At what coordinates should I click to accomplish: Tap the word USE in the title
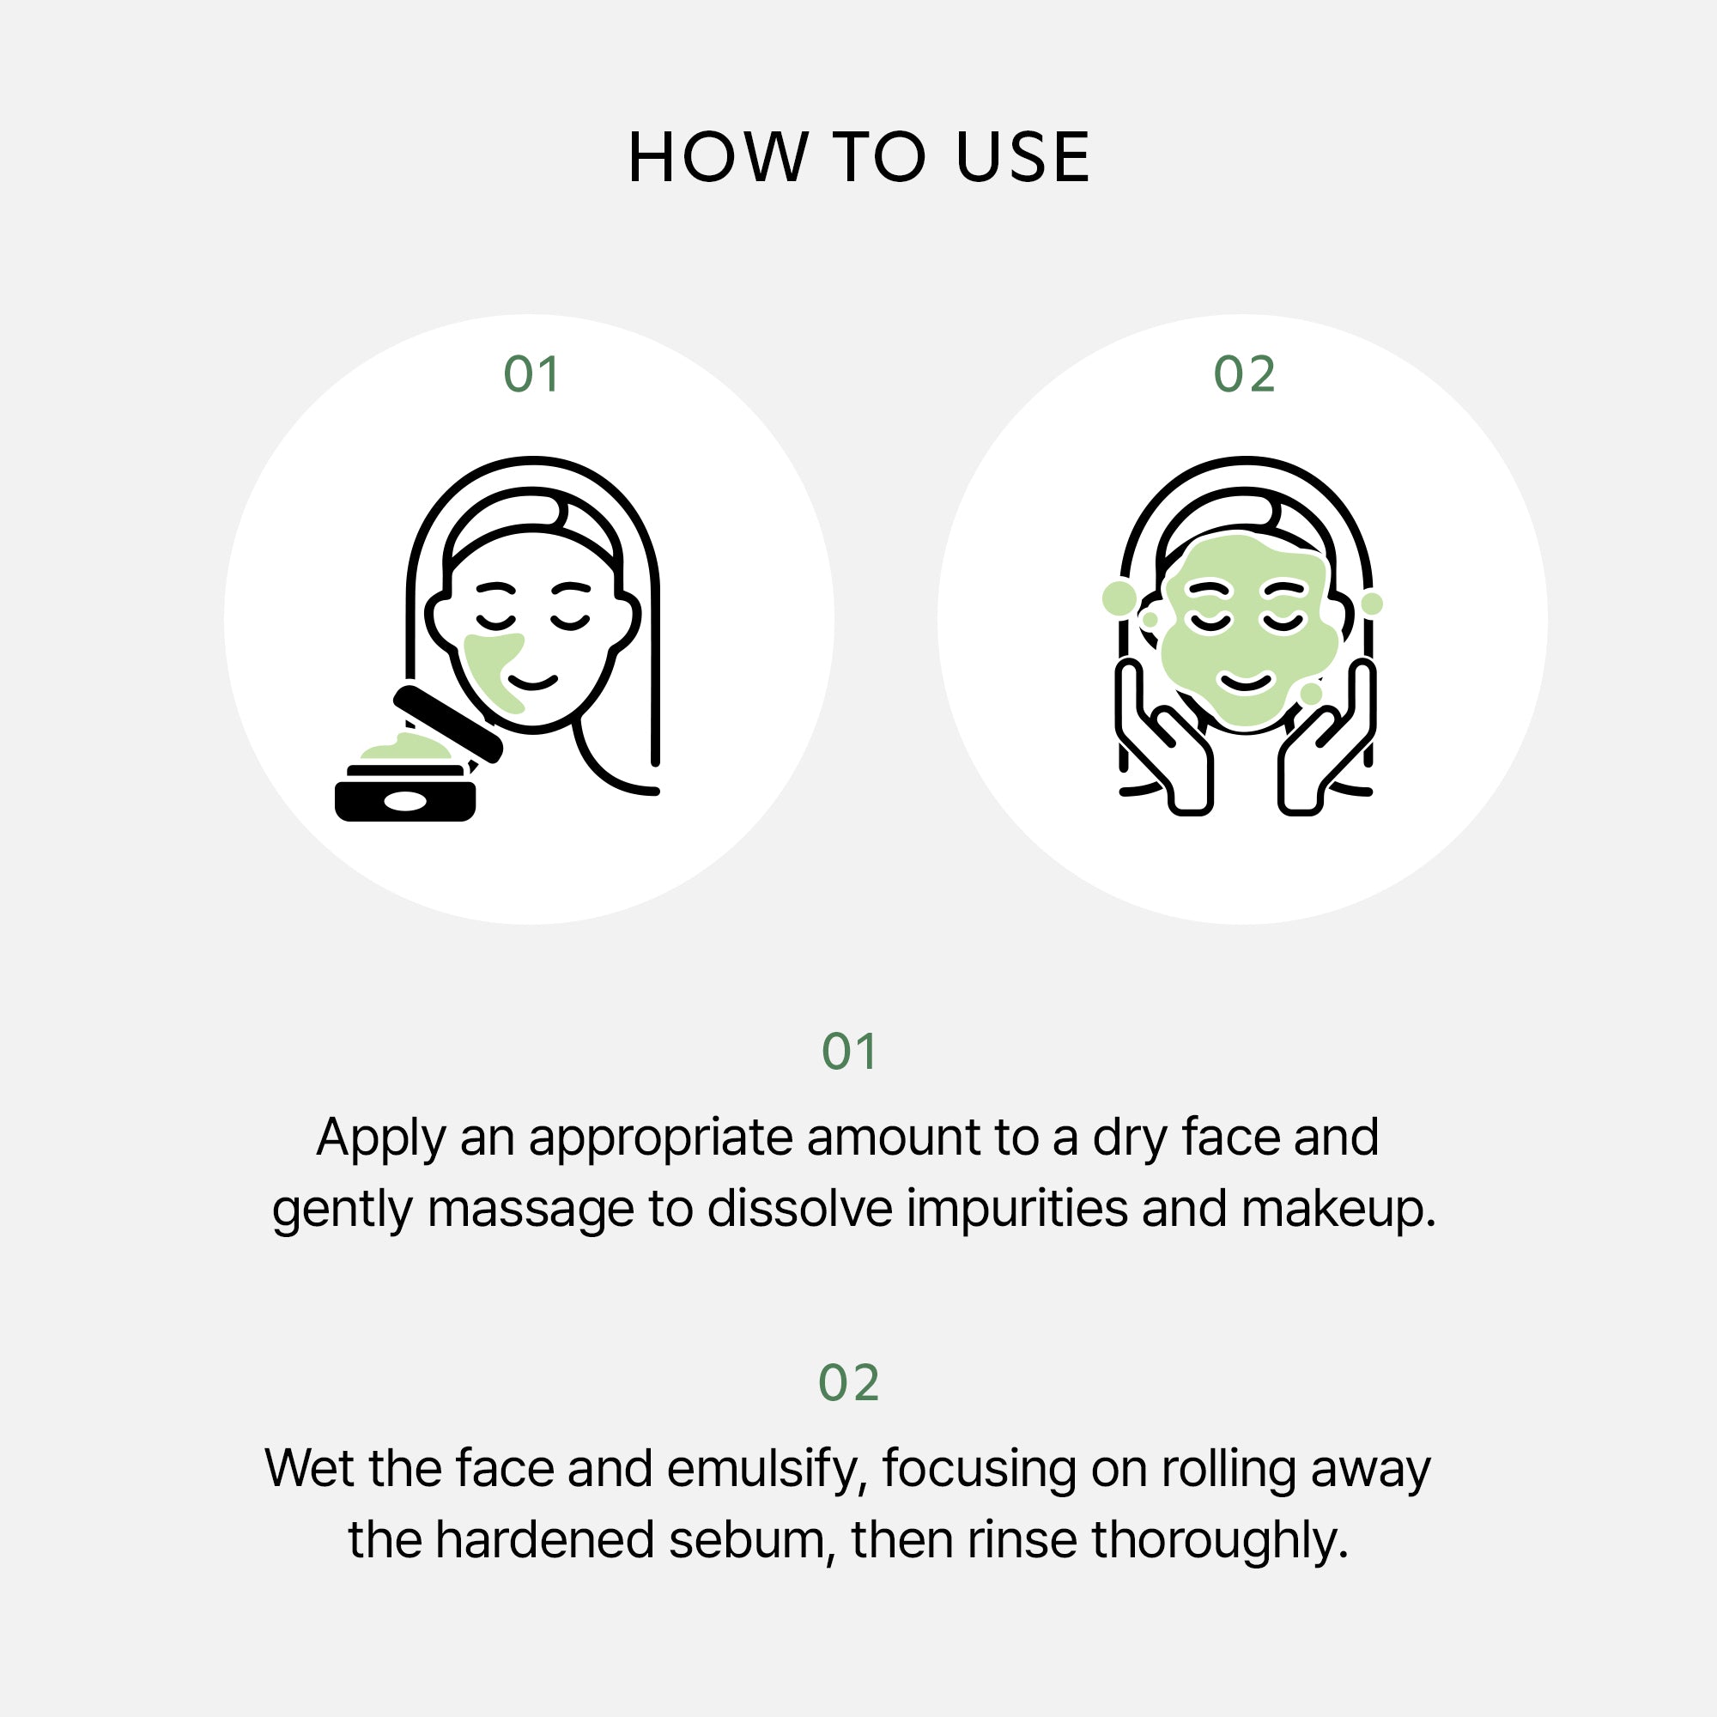(1023, 157)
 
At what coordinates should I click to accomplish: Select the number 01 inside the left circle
(531, 374)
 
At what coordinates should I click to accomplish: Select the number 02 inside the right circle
(1244, 374)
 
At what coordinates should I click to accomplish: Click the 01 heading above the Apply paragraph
(850, 1053)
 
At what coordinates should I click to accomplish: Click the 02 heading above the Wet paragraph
(850, 1383)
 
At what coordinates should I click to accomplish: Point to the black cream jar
(405, 792)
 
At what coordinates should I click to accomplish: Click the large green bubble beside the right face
(1119, 598)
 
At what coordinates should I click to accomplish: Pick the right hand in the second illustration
(1328, 737)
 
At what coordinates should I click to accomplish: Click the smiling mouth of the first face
(532, 683)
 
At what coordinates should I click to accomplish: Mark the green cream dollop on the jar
(405, 749)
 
